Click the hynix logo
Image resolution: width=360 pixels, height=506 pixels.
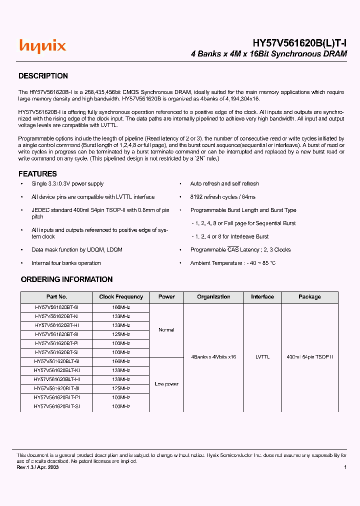coord(42,46)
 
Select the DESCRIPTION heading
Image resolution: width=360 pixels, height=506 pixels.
coord(43,76)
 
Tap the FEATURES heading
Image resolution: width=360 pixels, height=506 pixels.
coord(37,174)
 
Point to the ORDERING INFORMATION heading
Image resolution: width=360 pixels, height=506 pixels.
coord(66,279)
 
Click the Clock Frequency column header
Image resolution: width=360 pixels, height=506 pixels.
coord(121,297)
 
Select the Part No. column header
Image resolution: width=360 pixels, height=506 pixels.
coord(56,297)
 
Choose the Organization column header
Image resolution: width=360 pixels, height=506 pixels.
coord(213,297)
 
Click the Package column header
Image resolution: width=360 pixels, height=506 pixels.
coord(309,297)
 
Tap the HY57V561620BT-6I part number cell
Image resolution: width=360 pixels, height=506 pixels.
coord(56,307)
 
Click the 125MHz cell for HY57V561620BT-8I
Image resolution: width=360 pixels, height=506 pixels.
coord(121,334)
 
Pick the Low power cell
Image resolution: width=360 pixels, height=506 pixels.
coord(166,384)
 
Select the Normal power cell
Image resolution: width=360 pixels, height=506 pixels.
coord(166,330)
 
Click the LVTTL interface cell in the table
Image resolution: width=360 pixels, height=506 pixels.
coord(262,357)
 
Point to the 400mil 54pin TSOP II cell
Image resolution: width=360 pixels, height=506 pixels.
coord(309,357)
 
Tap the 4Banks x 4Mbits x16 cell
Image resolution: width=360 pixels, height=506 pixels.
coord(213,357)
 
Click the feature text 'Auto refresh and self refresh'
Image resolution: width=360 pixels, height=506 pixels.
coord(224,184)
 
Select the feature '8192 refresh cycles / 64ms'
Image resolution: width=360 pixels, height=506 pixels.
coord(222,197)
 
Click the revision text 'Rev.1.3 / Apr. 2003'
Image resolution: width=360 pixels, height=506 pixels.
coord(37,467)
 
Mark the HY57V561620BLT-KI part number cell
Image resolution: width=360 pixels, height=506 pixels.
coord(56,370)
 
